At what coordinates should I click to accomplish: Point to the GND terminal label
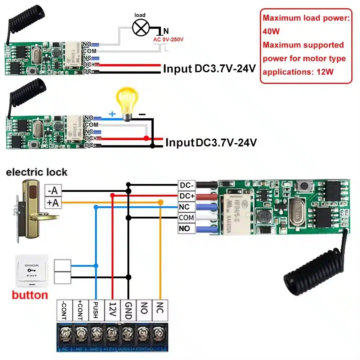point(129,310)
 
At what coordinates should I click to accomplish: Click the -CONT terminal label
point(64,310)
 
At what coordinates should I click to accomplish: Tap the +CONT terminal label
point(80,310)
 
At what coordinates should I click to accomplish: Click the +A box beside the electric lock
point(53,203)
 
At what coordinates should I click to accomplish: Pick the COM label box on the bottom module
point(186,218)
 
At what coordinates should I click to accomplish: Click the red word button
point(30,295)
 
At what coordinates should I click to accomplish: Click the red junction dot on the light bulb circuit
point(146,138)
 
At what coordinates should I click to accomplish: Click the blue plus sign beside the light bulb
point(112,114)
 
